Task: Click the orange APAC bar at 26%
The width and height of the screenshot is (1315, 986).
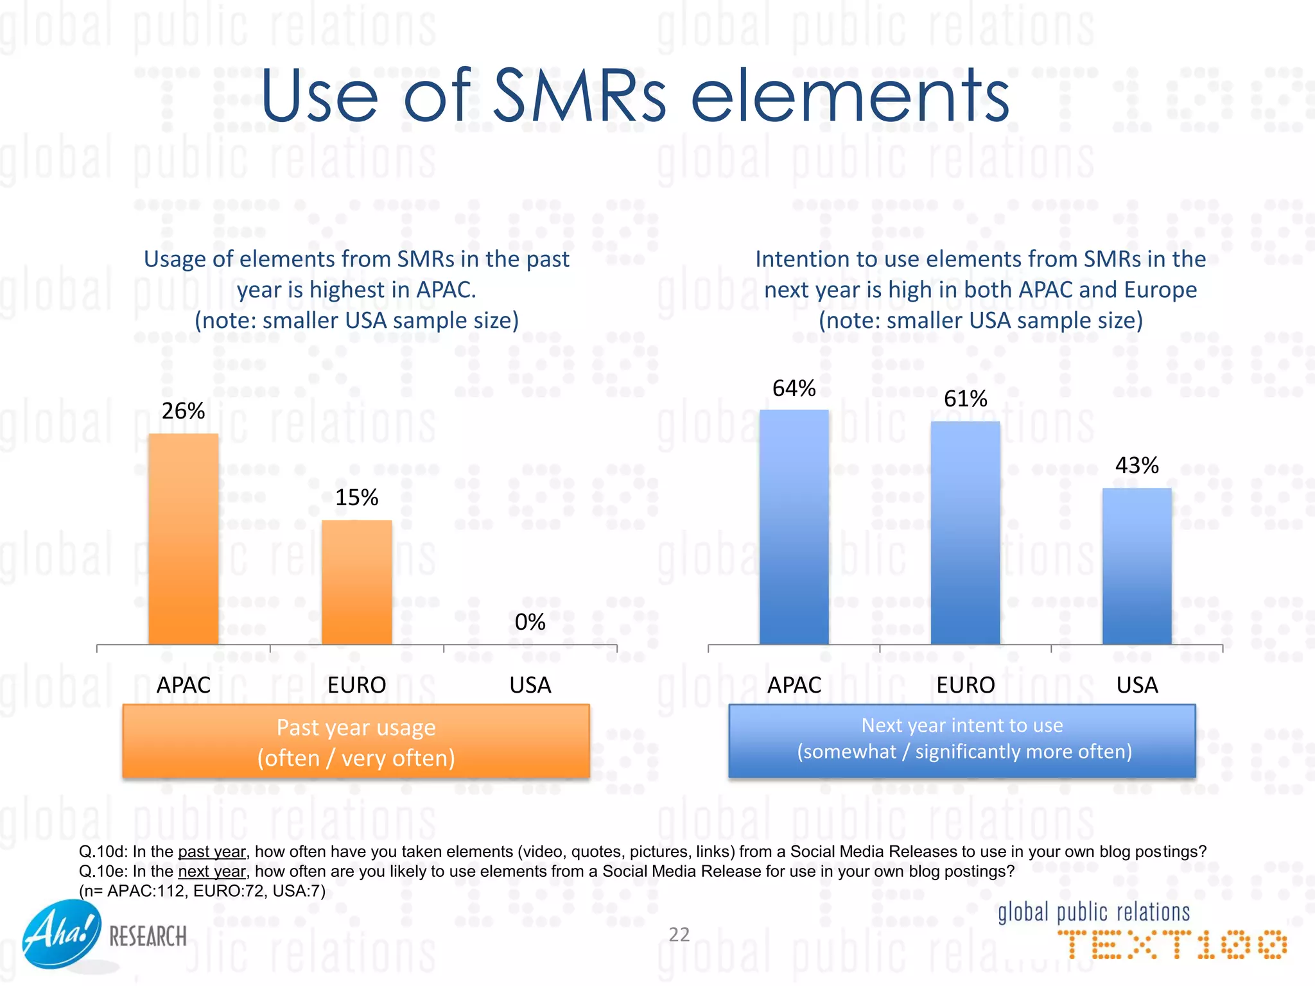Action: (x=183, y=539)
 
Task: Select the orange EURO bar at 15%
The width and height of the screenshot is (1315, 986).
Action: (x=356, y=582)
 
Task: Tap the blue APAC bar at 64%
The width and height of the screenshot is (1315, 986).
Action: (x=794, y=526)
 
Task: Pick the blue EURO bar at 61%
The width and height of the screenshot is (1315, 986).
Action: (x=965, y=533)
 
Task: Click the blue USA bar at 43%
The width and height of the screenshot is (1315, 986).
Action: (x=1136, y=566)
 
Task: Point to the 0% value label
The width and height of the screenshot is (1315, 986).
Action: (x=530, y=621)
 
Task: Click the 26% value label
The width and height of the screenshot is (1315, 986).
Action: (x=183, y=411)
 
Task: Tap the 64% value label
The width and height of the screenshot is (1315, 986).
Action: (x=794, y=388)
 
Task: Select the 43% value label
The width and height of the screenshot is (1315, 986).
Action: (x=1136, y=465)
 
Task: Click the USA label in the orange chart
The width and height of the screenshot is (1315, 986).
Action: (x=530, y=685)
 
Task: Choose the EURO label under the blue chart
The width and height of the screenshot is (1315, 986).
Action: (x=965, y=685)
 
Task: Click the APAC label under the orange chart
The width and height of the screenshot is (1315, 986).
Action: (x=183, y=685)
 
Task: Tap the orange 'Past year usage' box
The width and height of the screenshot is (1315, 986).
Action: (x=356, y=741)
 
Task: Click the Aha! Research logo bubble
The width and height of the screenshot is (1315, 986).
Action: (x=62, y=934)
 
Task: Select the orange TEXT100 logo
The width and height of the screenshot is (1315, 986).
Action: (x=1172, y=945)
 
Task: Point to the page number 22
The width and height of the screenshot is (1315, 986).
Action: (x=679, y=934)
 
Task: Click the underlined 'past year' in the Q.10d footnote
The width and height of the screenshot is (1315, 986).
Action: (x=211, y=852)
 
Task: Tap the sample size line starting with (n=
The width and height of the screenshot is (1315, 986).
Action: (x=202, y=891)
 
